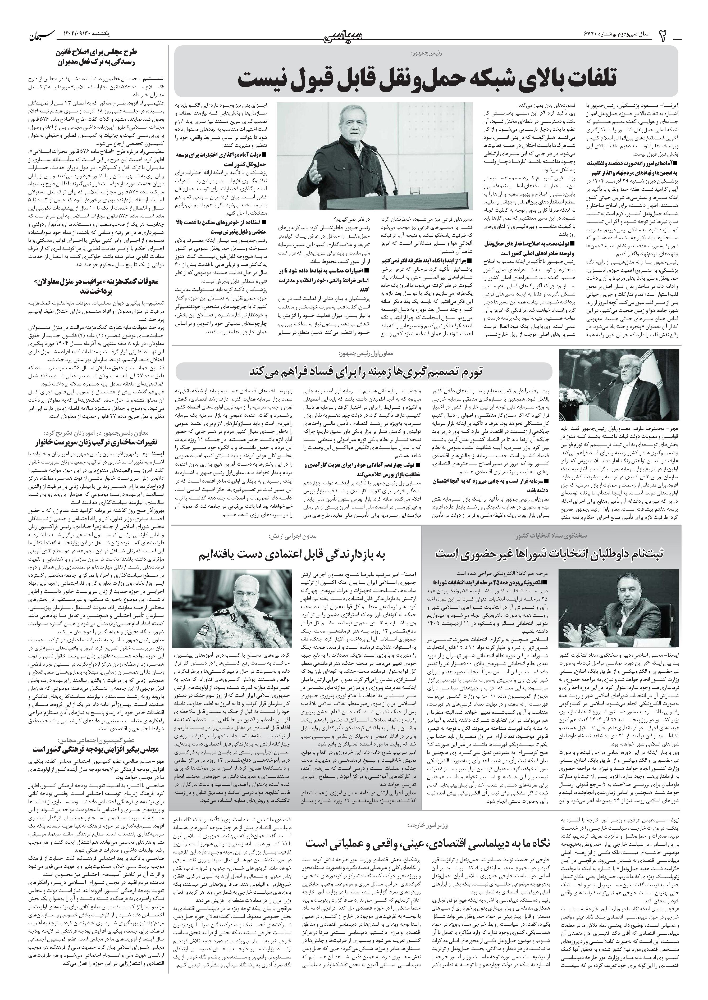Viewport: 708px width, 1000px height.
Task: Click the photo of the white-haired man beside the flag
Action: point(619,384)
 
